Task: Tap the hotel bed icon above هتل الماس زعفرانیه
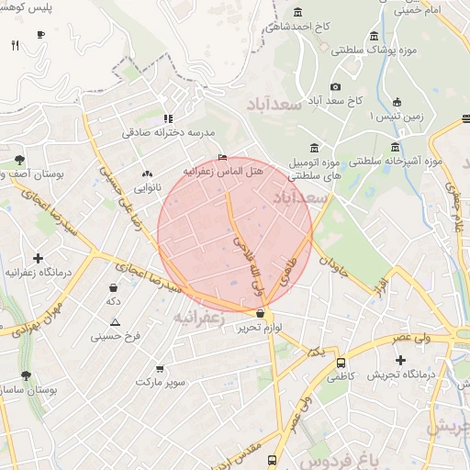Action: [222, 157]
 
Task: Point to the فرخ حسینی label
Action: [115, 336]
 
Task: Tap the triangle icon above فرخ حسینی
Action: [115, 322]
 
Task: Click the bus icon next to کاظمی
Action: [341, 363]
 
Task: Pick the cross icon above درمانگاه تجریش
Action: [400, 359]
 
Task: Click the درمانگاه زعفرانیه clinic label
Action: [38, 273]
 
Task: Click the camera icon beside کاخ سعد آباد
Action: [335, 86]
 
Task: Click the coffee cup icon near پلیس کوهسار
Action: [40, 34]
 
